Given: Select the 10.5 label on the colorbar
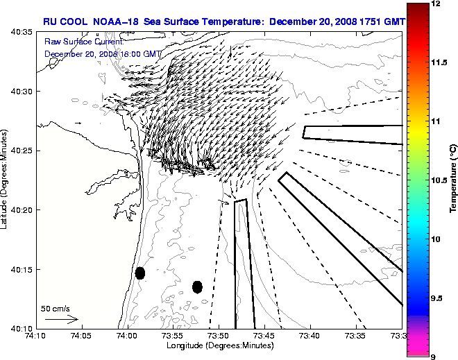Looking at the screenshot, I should click(439, 180).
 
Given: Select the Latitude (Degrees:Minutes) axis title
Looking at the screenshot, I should click(5, 179).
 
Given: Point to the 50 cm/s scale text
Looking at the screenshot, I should click(56, 308).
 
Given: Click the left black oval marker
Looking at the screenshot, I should click(140, 273).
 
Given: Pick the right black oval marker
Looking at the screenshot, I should click(197, 286).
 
